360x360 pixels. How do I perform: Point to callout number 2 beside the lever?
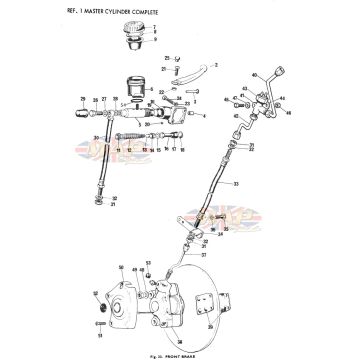[215, 63]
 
